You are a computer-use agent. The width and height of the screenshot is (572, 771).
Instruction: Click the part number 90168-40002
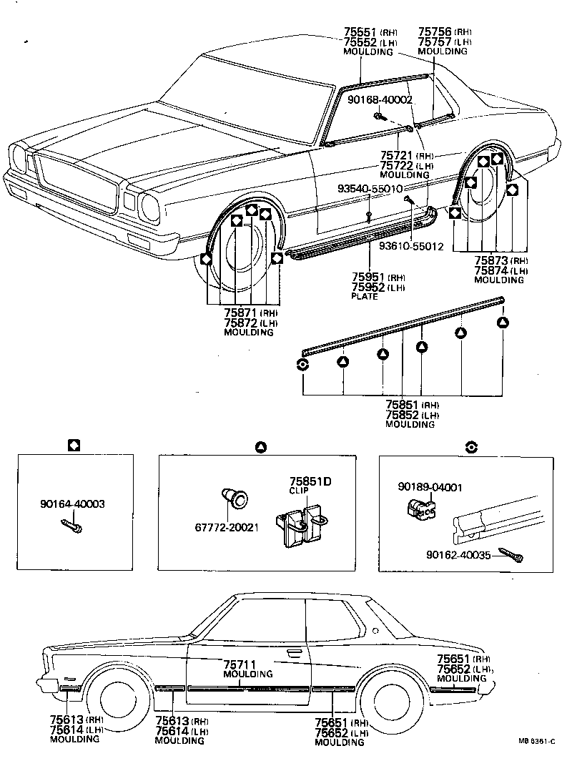point(380,99)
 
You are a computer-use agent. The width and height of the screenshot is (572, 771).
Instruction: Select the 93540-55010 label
point(369,189)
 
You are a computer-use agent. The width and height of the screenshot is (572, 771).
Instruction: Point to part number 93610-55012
point(411,246)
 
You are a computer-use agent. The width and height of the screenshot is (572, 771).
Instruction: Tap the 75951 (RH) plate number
point(368,277)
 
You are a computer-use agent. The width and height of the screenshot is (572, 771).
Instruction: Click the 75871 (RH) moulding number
point(241,313)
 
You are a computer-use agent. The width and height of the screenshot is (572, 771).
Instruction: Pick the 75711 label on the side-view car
point(240,664)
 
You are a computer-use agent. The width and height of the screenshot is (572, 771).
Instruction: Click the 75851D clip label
point(310,481)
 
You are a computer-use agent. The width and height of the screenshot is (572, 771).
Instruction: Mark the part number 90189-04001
point(430,488)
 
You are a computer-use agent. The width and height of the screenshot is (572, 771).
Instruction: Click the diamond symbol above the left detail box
point(73,446)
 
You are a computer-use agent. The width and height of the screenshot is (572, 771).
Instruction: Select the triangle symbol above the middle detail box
point(261,446)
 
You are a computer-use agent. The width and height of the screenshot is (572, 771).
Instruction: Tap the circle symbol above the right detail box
point(470,446)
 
